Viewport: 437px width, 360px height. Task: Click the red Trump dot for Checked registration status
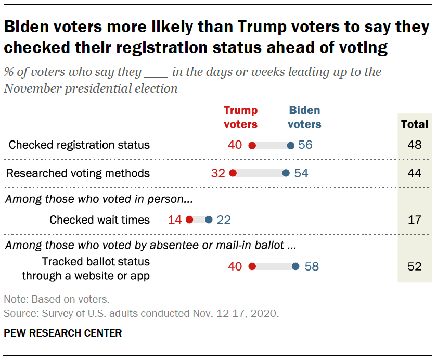pyautogui.click(x=252, y=145)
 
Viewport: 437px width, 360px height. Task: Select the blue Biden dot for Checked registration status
pyautogui.click(x=290, y=145)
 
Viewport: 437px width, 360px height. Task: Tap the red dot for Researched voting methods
pyautogui.click(x=233, y=173)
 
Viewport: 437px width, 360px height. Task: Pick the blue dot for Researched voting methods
pyautogui.click(x=286, y=173)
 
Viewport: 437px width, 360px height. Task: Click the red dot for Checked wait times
pyautogui.click(x=189, y=220)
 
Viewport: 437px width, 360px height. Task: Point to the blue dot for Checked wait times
pyautogui.click(x=209, y=220)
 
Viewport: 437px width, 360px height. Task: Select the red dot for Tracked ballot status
pyautogui.click(x=252, y=267)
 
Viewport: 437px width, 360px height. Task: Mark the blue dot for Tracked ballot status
pyautogui.click(x=295, y=267)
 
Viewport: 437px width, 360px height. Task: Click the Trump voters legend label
pyautogui.click(x=240, y=117)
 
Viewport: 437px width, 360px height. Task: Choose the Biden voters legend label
pyautogui.click(x=304, y=117)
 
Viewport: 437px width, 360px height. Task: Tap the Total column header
pyautogui.click(x=415, y=124)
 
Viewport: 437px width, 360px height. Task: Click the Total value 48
pyautogui.click(x=415, y=145)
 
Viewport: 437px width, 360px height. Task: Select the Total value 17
pyautogui.click(x=415, y=220)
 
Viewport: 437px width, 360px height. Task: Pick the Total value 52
pyautogui.click(x=415, y=267)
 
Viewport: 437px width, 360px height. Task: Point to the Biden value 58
pyautogui.click(x=312, y=267)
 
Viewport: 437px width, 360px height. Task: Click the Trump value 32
pyautogui.click(x=218, y=173)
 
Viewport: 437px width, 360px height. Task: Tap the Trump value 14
pyautogui.click(x=175, y=220)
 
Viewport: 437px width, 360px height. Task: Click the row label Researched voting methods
pyautogui.click(x=79, y=173)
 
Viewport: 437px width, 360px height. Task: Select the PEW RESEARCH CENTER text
pyautogui.click(x=62, y=333)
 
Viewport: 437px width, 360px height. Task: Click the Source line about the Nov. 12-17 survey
pyautogui.click(x=141, y=314)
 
